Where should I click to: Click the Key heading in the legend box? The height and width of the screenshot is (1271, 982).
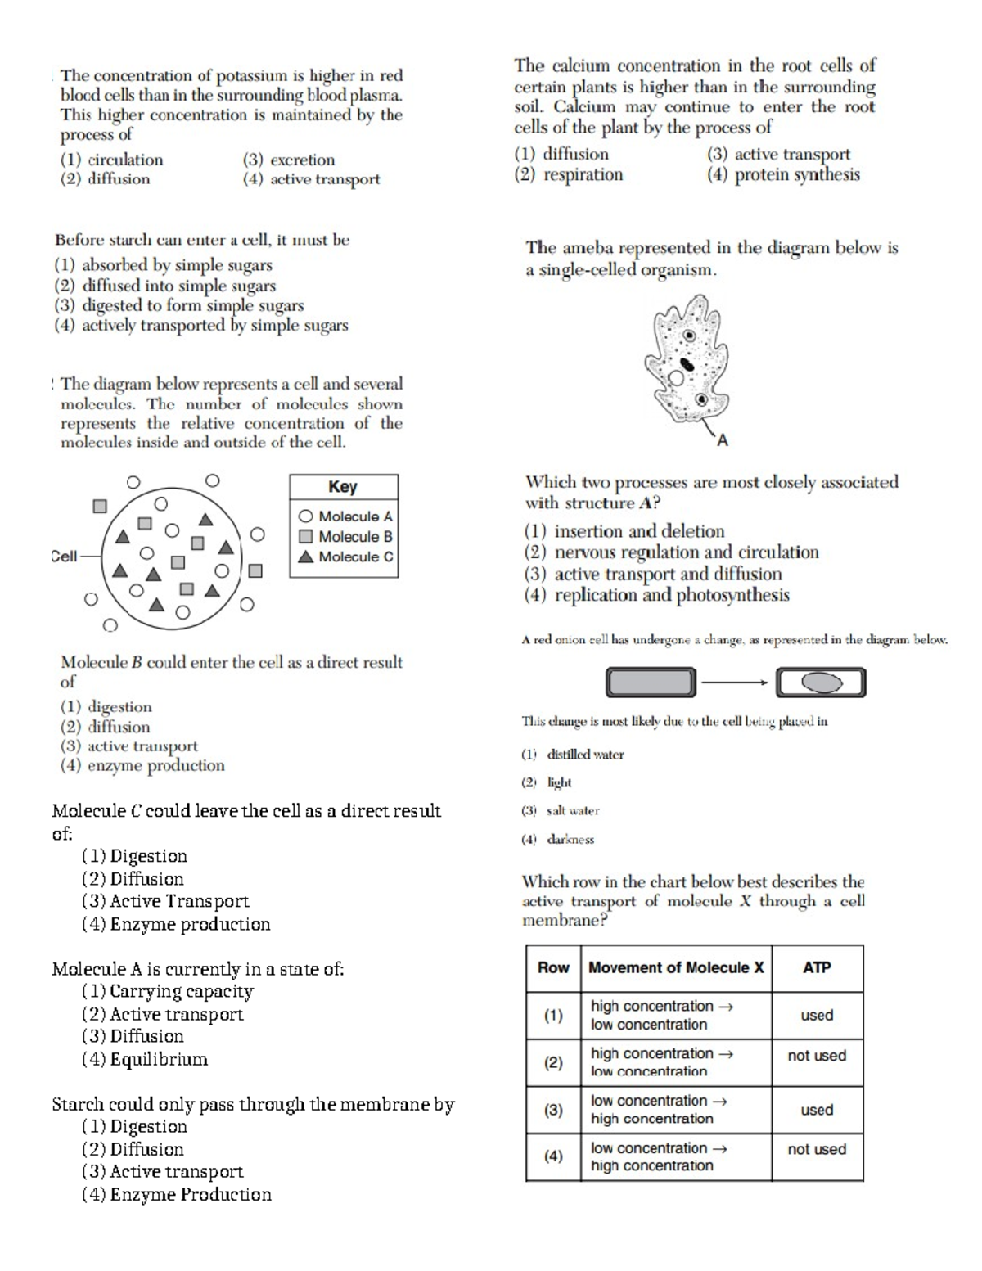coord(343,487)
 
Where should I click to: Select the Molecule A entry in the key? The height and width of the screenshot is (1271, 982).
coord(345,516)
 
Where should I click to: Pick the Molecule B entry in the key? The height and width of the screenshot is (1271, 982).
coord(345,537)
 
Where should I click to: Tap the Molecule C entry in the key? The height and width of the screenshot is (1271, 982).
coord(345,557)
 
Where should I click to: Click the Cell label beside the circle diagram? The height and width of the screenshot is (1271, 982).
coord(64,557)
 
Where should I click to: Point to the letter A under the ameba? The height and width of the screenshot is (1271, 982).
coord(722,441)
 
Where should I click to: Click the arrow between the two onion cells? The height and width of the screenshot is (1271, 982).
coord(735,682)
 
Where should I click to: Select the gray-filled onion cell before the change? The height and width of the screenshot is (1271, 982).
coord(651,682)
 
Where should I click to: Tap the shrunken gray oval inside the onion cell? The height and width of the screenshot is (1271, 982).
coord(822,683)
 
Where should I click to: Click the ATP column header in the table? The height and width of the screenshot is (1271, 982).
coord(817,967)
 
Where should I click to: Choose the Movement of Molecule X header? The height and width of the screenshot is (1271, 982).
coord(676,967)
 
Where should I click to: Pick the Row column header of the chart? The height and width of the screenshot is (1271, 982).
coord(553,967)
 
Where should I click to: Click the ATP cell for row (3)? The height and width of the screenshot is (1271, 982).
coord(817,1110)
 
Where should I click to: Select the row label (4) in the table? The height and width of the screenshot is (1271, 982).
coord(553,1156)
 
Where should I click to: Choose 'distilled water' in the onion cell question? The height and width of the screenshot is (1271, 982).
coord(584,755)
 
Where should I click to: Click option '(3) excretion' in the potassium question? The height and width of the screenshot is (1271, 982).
coord(289,160)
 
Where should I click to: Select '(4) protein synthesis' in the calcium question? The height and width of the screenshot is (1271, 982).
coord(783,174)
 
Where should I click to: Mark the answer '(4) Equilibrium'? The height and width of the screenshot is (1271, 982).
coord(145,1059)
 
